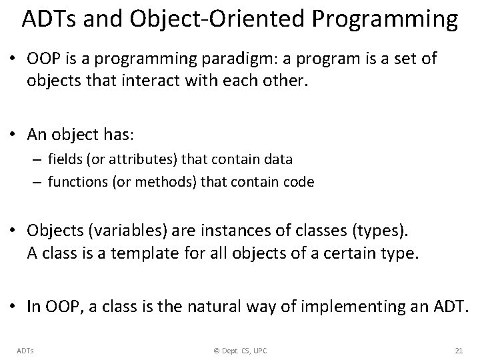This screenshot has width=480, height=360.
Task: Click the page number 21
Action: pos(457,350)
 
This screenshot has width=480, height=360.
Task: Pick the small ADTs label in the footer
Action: pos(25,350)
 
